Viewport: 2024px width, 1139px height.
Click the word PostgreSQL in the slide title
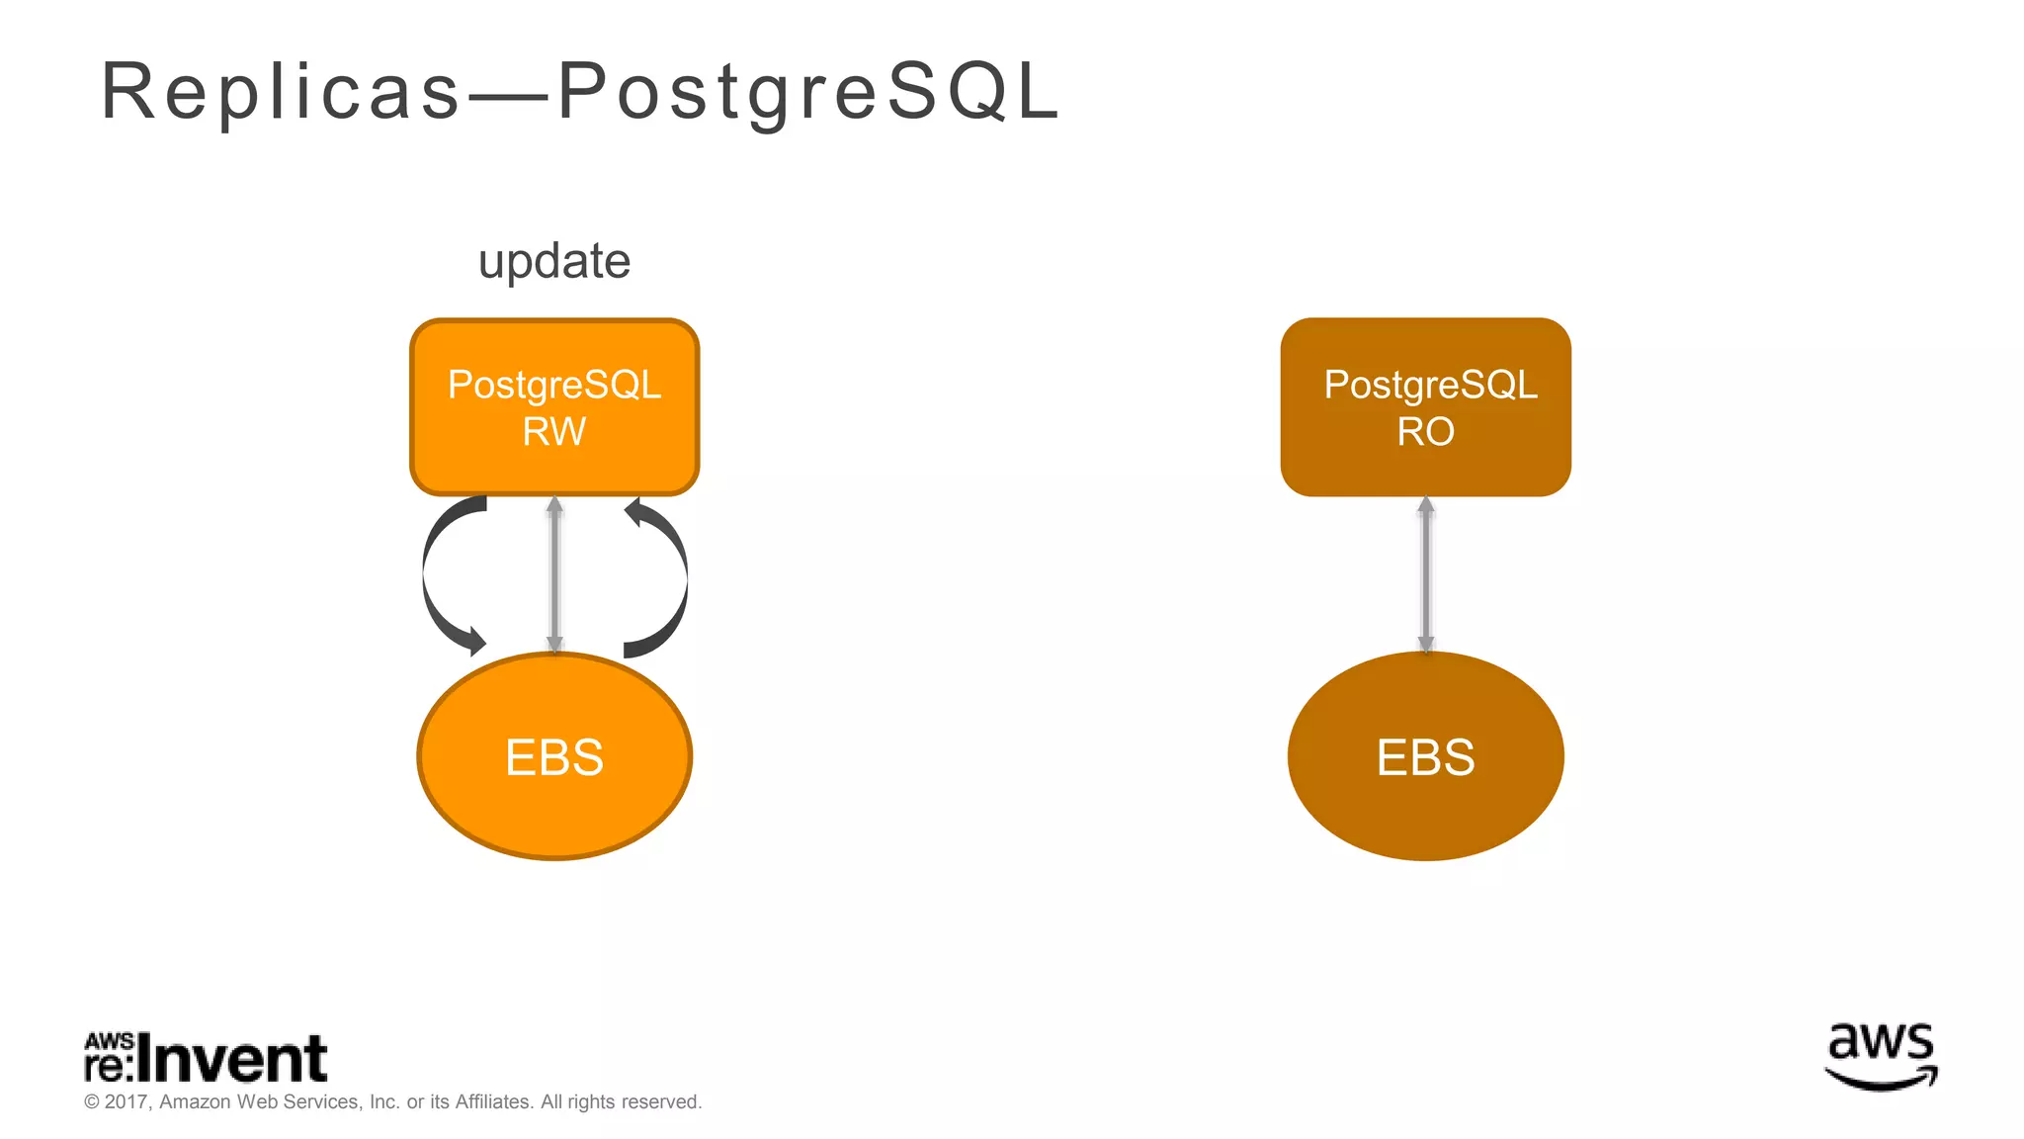point(808,92)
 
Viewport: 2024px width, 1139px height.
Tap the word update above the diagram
point(554,262)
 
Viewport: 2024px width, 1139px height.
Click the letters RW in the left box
point(554,432)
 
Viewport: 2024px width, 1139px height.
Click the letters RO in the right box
point(1425,432)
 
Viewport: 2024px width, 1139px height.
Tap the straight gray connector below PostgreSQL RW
point(554,573)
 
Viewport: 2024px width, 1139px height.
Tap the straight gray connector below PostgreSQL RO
point(1425,573)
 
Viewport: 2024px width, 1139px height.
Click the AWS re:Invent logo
point(206,1058)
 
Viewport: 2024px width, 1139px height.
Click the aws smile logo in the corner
point(1881,1056)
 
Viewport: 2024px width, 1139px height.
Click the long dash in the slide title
point(509,96)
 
